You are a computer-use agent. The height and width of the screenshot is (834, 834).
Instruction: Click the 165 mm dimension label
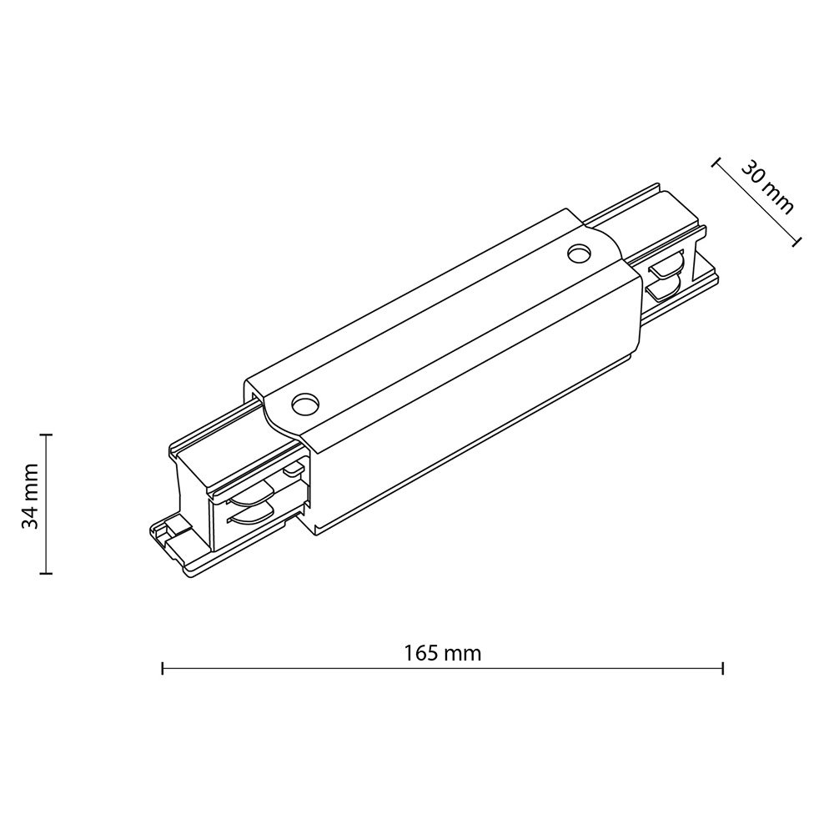442,653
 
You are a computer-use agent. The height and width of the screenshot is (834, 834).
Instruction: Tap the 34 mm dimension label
30,495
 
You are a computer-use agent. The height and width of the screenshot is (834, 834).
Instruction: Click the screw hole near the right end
580,252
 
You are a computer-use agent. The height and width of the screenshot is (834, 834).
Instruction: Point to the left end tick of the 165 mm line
163,668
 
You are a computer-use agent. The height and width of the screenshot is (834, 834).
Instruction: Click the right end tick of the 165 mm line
723,668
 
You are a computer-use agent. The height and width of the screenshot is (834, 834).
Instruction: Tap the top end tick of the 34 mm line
47,435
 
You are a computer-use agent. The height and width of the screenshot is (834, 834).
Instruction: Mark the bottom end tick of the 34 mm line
47,573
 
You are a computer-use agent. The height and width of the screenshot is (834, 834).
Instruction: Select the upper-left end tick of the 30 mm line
716,163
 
